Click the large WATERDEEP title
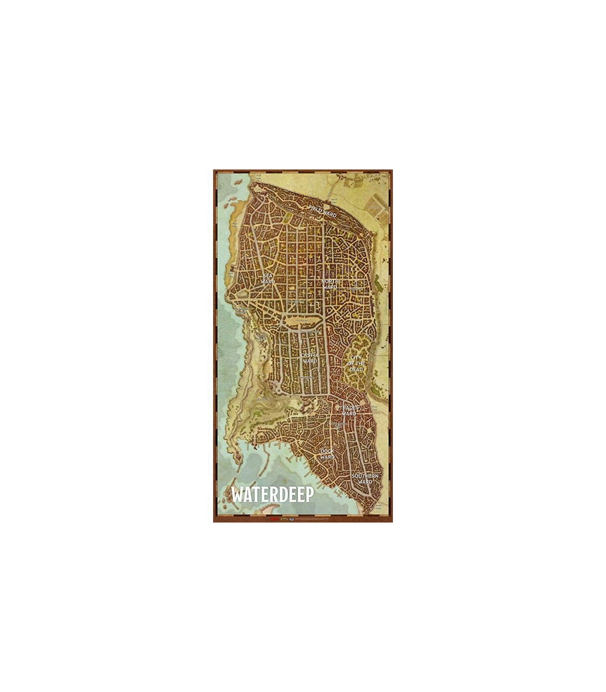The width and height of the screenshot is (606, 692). [x=272, y=494]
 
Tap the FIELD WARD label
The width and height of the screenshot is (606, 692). [x=322, y=211]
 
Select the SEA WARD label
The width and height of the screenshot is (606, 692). [x=268, y=278]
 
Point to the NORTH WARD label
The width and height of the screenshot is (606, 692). [x=329, y=284]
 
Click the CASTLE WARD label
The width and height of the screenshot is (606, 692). [x=310, y=358]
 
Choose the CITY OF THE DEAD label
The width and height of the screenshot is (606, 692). [x=357, y=363]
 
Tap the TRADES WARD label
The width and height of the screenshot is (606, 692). [x=349, y=411]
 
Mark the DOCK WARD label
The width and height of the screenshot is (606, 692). [x=327, y=454]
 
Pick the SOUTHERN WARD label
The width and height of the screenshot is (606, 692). [x=365, y=479]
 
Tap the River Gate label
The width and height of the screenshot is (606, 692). [x=375, y=407]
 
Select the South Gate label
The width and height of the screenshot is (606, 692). [x=378, y=507]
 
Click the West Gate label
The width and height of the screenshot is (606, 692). [x=231, y=274]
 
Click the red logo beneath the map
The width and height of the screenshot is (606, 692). [x=275, y=518]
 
